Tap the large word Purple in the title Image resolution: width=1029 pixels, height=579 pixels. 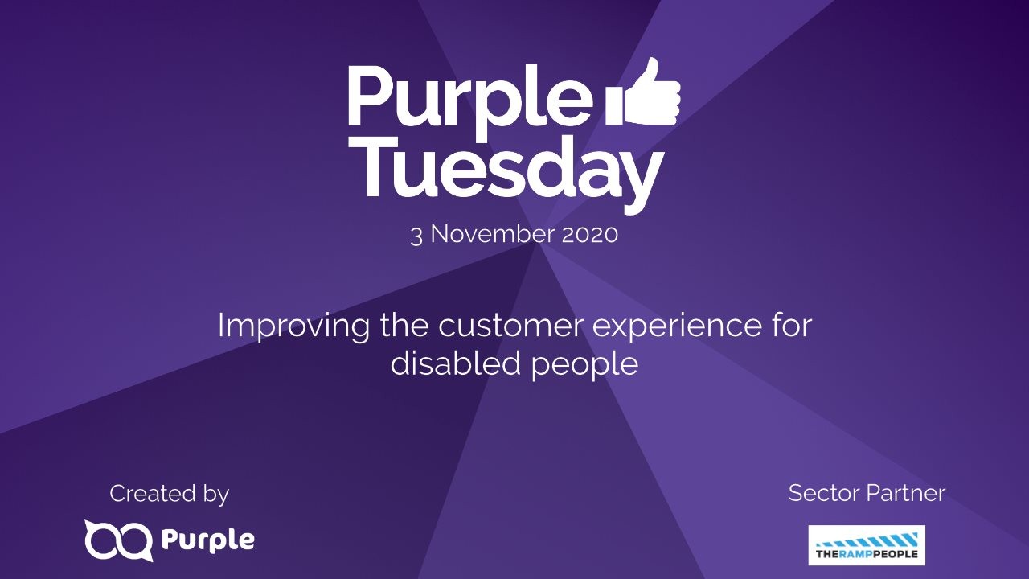click(x=469, y=96)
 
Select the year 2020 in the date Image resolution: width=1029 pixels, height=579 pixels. click(x=590, y=235)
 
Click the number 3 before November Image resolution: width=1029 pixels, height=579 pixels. click(x=416, y=235)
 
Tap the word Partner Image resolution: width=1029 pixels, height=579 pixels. click(x=907, y=493)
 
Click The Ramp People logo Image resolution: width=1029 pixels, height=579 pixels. click(x=867, y=545)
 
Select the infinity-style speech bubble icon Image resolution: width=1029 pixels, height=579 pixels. click(x=118, y=540)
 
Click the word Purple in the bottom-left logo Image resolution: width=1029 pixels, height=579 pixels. click(x=208, y=540)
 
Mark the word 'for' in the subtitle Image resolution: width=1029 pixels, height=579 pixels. click(x=790, y=326)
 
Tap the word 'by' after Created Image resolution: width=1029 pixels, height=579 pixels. click(x=215, y=495)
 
